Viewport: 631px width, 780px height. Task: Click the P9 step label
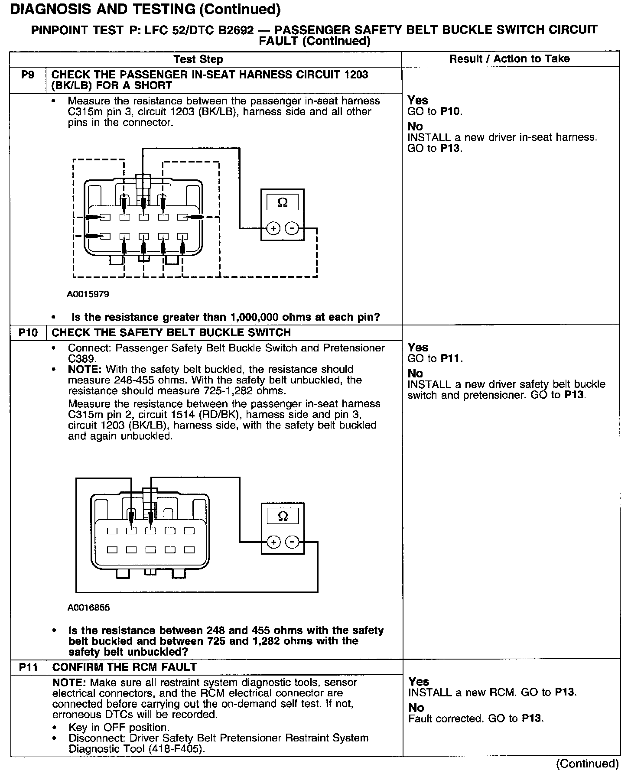(27, 75)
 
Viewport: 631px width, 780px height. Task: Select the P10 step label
(28, 333)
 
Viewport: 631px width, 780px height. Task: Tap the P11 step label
(29, 667)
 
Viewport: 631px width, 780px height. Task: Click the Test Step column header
(198, 59)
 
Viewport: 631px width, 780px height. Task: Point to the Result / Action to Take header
(509, 59)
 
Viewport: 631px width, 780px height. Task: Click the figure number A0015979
(88, 294)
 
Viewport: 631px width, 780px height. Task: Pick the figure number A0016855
(88, 608)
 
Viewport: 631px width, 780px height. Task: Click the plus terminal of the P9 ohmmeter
(273, 228)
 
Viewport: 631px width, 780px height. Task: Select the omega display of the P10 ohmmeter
(283, 516)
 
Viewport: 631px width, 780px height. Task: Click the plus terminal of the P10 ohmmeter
(273, 542)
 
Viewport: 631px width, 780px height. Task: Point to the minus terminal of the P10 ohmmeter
(293, 542)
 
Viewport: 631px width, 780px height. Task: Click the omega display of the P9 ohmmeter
(283, 202)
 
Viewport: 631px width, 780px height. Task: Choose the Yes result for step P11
(419, 682)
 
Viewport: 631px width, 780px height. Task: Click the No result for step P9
(415, 127)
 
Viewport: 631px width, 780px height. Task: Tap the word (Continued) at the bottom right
(587, 764)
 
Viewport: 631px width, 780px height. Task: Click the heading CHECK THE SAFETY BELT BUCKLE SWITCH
(171, 333)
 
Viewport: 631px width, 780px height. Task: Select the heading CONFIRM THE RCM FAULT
(124, 667)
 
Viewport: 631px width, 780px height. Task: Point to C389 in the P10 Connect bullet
(82, 359)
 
